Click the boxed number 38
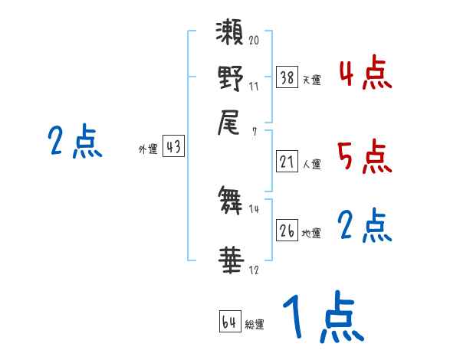tap(287, 77)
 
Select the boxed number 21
tap(287, 161)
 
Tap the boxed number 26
tap(287, 231)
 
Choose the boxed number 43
tap(173, 147)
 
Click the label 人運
tap(312, 163)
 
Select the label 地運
tap(312, 233)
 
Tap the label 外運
tap(147, 149)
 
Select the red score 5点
tap(365, 157)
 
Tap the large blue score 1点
tap(322, 318)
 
